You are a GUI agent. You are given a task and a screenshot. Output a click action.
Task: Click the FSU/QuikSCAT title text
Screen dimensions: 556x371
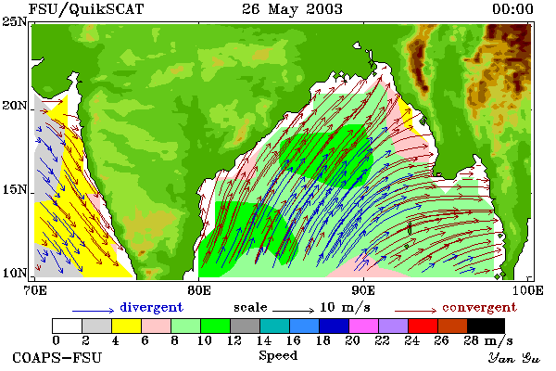pos(86,9)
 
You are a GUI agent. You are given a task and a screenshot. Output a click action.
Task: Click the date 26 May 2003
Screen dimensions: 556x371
pos(292,9)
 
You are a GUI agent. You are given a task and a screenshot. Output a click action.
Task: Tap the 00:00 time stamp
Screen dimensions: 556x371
pos(512,9)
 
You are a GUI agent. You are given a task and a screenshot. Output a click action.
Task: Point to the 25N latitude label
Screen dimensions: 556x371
pos(15,21)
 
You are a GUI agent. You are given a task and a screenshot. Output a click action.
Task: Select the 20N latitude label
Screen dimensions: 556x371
pos(15,106)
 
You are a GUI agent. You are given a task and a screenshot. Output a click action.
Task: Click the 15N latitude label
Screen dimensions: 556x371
pos(15,189)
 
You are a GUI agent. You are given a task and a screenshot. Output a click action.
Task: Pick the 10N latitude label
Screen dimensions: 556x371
pos(15,273)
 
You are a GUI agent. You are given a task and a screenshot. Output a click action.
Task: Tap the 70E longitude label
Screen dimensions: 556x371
pos(35,290)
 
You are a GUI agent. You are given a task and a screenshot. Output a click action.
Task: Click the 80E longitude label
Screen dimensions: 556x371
pos(199,290)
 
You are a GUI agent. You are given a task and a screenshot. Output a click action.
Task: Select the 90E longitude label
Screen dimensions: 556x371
pos(363,290)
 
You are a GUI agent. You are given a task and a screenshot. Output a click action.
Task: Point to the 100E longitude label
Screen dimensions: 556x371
pos(527,290)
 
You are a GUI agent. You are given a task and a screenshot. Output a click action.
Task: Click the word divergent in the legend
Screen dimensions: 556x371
pos(151,307)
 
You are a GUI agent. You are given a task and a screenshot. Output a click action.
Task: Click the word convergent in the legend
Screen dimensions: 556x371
pos(479,307)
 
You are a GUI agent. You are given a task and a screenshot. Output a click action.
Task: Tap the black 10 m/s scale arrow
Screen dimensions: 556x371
pos(293,311)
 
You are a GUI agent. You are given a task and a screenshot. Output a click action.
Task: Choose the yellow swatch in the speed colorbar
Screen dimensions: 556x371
pos(126,326)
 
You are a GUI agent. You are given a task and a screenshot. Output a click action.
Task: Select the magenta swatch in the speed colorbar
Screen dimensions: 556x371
pos(363,326)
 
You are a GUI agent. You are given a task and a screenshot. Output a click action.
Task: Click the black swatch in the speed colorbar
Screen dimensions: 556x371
pos(486,326)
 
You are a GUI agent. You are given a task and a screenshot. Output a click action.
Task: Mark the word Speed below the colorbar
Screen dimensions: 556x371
pos(278,355)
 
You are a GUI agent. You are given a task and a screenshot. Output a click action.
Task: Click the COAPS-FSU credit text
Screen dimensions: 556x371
pos(57,357)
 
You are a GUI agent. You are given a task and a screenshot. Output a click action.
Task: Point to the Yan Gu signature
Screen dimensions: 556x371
pos(514,358)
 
